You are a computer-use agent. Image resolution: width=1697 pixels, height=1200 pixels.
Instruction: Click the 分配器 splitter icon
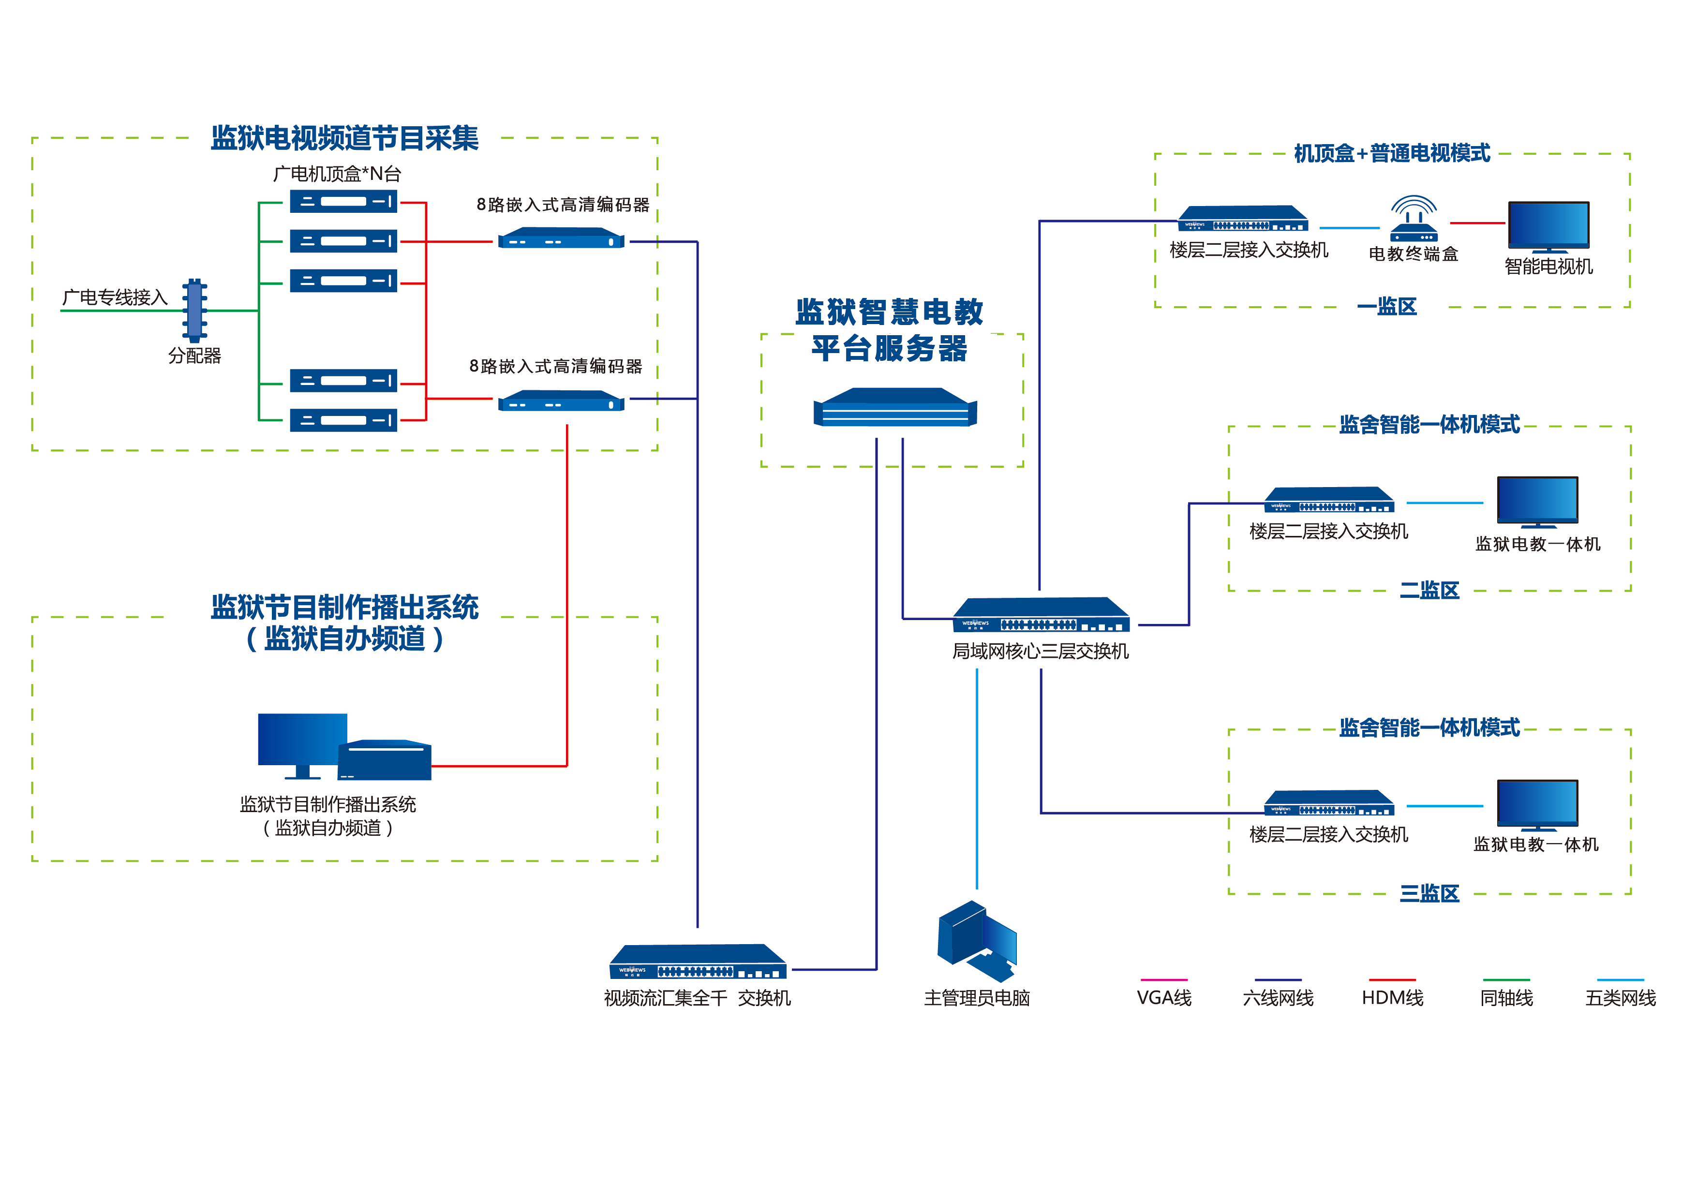[194, 311]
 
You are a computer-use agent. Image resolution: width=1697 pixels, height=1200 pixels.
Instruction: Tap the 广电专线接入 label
[115, 297]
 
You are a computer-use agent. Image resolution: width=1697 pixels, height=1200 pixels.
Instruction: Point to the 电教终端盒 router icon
[1413, 220]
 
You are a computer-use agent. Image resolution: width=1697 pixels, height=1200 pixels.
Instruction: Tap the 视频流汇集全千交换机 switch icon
[698, 962]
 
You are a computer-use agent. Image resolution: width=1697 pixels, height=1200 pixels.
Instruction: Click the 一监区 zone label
[1387, 307]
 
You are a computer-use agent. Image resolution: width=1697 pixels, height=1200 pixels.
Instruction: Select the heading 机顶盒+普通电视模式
[1392, 154]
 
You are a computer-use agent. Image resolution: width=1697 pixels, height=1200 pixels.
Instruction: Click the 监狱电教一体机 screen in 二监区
[1537, 501]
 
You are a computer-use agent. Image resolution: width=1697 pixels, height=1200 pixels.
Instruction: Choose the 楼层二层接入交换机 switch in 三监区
[1329, 803]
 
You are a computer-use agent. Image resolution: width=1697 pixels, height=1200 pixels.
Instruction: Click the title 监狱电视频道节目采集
[344, 138]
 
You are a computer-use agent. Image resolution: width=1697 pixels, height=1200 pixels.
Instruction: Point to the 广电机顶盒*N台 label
[337, 174]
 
